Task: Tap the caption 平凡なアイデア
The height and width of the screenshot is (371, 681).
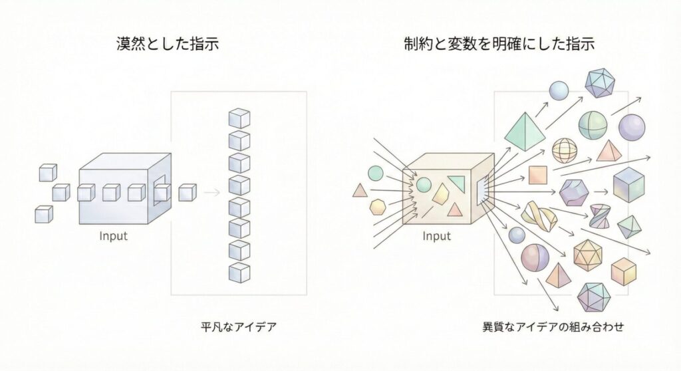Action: coord(238,326)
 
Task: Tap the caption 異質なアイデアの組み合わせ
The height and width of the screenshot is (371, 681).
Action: coord(553,327)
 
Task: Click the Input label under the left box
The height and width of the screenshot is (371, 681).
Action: coord(114,235)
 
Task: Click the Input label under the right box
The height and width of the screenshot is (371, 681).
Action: coord(436,235)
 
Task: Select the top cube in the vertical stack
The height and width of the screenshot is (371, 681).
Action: coord(239,119)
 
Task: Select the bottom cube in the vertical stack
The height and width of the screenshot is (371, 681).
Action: coord(239,272)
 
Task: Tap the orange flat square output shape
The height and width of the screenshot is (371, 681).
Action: coord(537,175)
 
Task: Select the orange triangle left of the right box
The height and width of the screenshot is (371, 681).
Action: coord(360,191)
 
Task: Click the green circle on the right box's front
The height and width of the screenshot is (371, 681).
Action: coord(424,184)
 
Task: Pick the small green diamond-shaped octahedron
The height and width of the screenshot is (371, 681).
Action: coord(628,227)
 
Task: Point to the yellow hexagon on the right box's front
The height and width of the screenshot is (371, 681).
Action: coord(441,194)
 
